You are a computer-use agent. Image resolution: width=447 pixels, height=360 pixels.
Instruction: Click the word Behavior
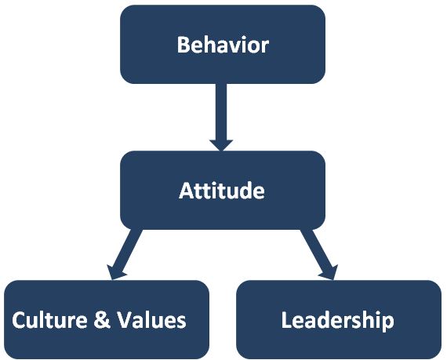tap(223, 45)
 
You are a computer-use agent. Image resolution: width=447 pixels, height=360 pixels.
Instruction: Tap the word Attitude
tap(222, 190)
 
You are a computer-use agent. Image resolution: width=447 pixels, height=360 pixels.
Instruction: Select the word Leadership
tap(337, 320)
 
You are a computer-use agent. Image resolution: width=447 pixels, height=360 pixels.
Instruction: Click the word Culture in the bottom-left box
tap(49, 320)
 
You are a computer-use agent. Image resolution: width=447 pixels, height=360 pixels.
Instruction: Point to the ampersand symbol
tap(102, 320)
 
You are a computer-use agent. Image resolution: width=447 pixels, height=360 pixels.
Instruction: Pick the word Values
tap(152, 320)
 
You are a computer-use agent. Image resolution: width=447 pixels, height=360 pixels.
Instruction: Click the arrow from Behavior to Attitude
tap(221, 117)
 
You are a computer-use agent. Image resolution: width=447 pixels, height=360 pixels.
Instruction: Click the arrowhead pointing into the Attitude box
tap(221, 145)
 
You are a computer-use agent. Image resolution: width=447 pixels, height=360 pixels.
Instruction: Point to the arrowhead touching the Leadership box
tap(330, 273)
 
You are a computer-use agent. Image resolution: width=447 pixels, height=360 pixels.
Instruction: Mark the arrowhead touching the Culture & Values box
tap(114, 273)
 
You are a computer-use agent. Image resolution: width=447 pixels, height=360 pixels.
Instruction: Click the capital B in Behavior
tap(184, 45)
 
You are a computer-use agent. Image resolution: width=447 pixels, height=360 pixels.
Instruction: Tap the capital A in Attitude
tap(187, 190)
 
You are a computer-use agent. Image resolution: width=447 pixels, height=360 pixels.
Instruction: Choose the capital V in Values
tap(125, 320)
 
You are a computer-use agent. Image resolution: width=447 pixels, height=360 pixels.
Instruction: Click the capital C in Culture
tap(19, 320)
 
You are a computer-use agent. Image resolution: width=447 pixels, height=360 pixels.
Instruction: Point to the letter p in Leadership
tap(387, 323)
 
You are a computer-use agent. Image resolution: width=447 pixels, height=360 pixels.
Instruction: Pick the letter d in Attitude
tap(245, 190)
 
